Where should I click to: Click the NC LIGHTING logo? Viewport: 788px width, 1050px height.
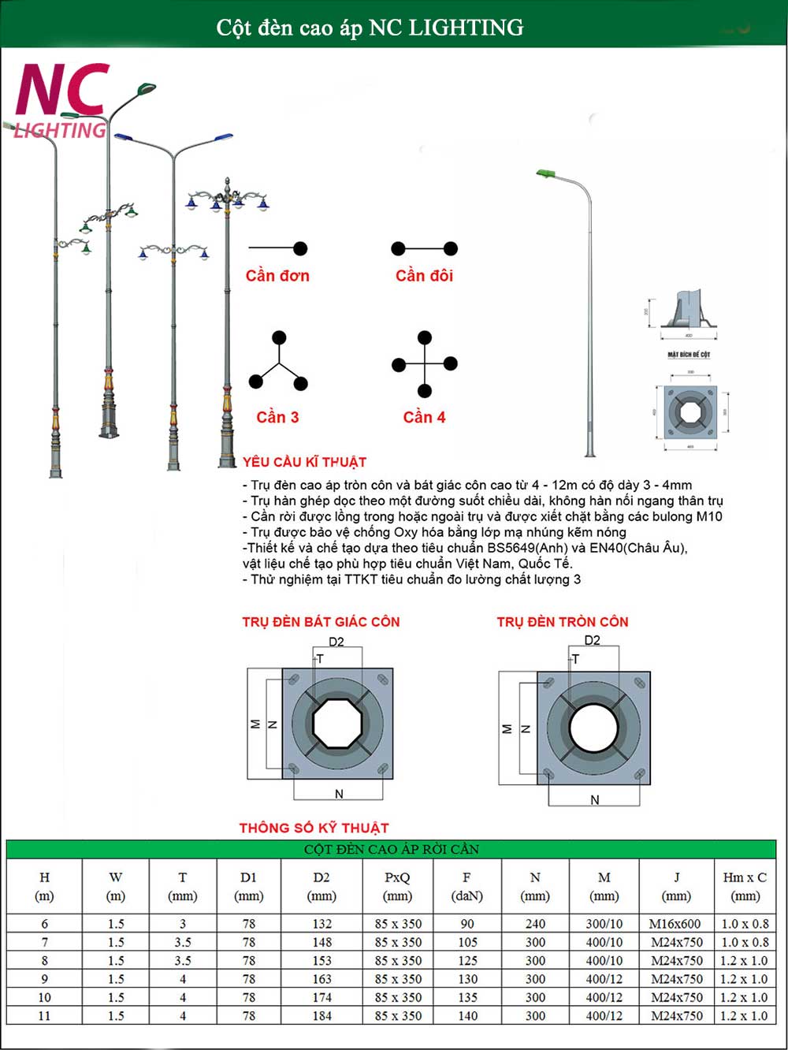pos(61,100)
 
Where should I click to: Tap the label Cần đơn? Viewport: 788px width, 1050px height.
pos(277,276)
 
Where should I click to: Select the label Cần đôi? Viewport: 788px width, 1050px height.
pos(424,276)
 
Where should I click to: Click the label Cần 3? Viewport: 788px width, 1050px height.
pos(277,417)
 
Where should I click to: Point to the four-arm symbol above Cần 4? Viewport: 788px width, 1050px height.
pos(425,363)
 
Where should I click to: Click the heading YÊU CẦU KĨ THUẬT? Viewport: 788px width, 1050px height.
pos(304,462)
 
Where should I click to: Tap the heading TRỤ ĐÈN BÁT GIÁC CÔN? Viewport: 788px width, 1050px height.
pos(321,622)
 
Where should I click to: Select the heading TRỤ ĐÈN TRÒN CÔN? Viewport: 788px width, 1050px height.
pos(563,622)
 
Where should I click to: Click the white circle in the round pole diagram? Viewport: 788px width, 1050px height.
pos(593,727)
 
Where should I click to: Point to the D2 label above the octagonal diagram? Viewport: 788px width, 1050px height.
pos(336,642)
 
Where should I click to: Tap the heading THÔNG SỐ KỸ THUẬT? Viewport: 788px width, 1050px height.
pos(314,828)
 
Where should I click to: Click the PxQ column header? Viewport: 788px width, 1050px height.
pos(397,886)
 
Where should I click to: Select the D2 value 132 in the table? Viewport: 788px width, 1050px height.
pos(322,924)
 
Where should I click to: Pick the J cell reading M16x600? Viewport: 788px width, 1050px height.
pos(675,924)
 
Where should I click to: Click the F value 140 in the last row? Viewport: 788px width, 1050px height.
pos(467,1016)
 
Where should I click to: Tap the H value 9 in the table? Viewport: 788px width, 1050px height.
pos(44,979)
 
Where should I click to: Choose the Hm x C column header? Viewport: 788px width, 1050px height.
pos(745,886)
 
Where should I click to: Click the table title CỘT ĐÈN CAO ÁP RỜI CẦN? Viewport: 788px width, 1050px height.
pos(392,849)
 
